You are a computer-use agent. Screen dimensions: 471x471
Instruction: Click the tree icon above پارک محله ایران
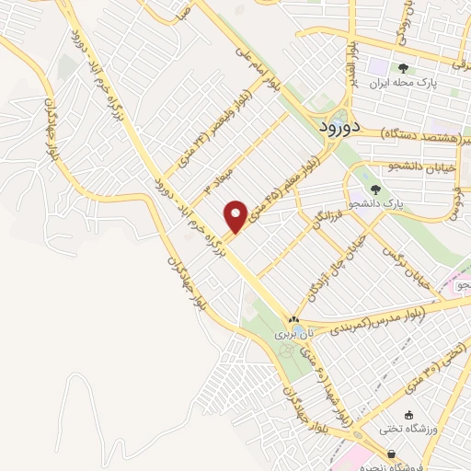pos(403,67)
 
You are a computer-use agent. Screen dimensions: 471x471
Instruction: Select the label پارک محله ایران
pos(402,83)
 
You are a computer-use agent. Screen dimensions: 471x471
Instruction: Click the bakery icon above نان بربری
pos(296,322)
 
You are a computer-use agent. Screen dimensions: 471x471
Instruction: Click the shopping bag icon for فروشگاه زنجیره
pos(394,454)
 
